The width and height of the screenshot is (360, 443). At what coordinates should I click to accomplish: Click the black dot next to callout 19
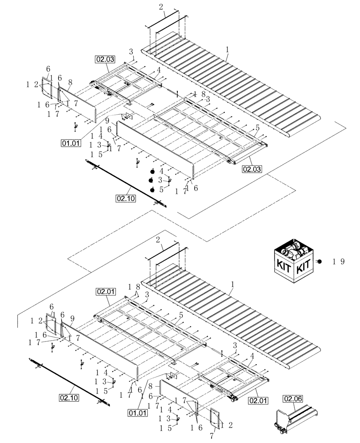318,262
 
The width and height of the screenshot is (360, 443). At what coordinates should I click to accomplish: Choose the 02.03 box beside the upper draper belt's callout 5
251,169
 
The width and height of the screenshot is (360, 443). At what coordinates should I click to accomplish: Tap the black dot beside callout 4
152,171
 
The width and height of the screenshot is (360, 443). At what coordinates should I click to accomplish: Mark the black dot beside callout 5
152,190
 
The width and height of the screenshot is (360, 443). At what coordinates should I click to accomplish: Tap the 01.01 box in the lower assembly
137,413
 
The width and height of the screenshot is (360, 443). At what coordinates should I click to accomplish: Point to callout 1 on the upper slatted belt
227,52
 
